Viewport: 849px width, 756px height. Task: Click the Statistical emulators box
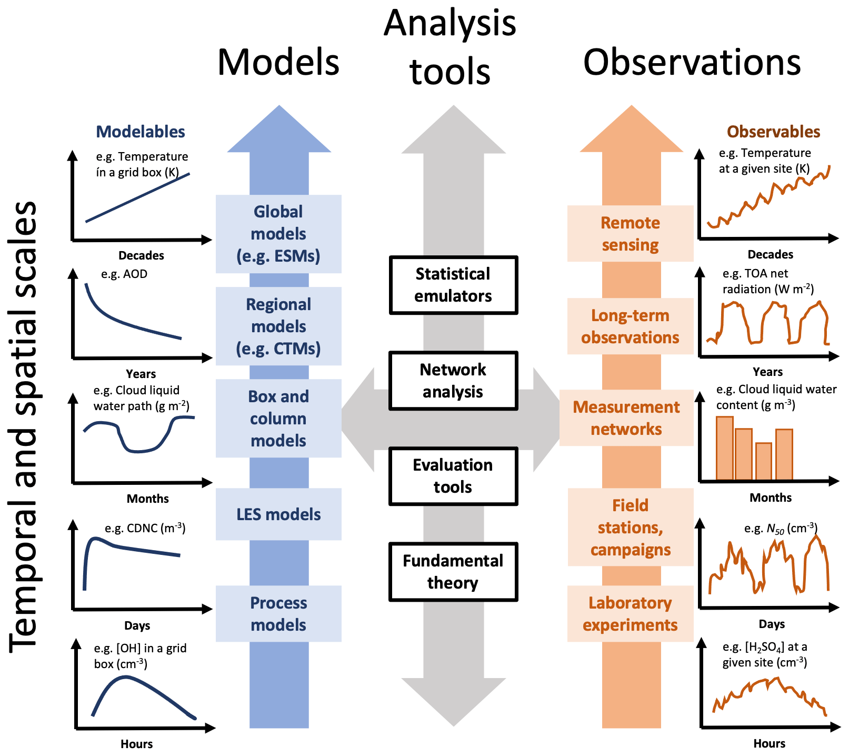[x=453, y=285]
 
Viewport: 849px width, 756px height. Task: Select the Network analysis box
[x=453, y=381]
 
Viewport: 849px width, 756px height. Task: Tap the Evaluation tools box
[x=453, y=476]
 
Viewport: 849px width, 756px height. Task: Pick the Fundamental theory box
[x=453, y=572]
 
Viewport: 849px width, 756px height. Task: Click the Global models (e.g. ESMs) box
[x=278, y=234]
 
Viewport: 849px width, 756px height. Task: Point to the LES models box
[x=278, y=514]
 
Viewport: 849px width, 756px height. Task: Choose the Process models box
[x=278, y=614]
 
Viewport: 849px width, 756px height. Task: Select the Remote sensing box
[x=630, y=234]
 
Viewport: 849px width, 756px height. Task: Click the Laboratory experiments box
[x=630, y=614]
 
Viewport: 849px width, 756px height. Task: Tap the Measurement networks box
[x=626, y=418]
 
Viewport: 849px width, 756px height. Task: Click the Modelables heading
[x=141, y=132]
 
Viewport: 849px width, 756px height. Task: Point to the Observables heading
[x=773, y=132]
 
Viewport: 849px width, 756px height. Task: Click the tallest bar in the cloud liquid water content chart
[x=725, y=449]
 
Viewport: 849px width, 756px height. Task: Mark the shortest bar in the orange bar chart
[x=764, y=462]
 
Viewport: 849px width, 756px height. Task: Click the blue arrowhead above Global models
[x=279, y=129]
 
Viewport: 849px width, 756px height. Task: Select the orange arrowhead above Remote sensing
[x=631, y=129]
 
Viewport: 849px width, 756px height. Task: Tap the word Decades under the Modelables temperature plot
[x=141, y=255]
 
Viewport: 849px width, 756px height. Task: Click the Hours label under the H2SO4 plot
[x=770, y=743]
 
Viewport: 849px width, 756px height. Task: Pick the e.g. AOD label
[x=124, y=274]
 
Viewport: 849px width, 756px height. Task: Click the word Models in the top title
[x=278, y=62]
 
